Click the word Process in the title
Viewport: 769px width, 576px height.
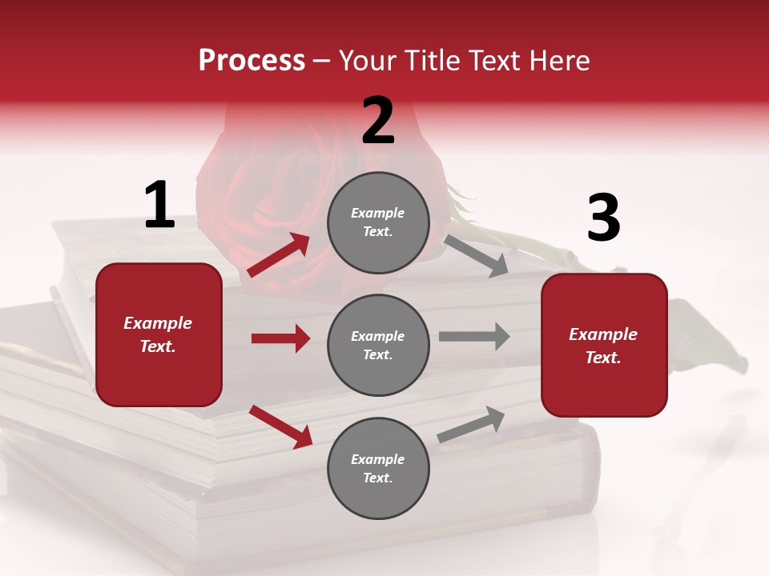point(252,61)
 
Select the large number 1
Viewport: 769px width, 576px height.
point(159,205)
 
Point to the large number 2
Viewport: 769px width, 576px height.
point(378,121)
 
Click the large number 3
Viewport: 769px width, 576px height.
point(603,218)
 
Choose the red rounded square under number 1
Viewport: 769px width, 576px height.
point(159,334)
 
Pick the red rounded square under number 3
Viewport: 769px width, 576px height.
point(604,345)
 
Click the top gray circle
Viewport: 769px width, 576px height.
point(378,222)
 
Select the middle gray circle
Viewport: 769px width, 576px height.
point(378,345)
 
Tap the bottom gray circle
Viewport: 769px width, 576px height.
point(378,468)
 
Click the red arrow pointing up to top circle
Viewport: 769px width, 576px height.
point(279,255)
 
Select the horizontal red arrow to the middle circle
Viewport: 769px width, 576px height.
point(280,338)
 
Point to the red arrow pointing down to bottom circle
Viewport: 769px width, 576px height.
point(280,426)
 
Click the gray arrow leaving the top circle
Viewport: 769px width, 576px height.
point(476,255)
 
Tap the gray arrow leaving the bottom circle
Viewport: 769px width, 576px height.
point(471,424)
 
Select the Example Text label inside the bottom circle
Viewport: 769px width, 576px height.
point(378,469)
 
